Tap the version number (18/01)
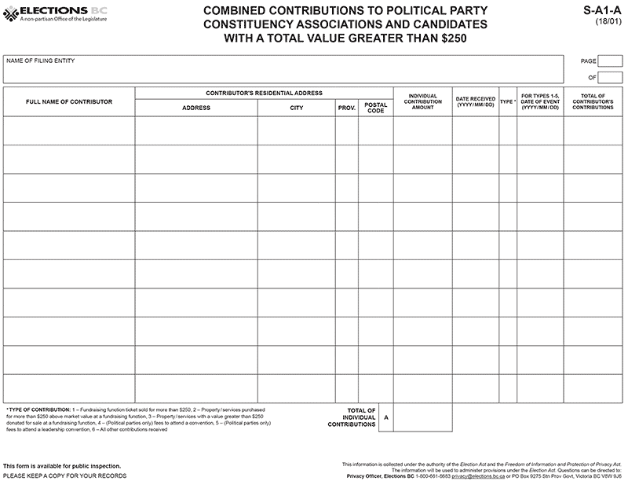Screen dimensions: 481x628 coord(609,22)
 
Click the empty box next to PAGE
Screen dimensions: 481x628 coord(610,61)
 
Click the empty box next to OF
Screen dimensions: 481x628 coord(610,77)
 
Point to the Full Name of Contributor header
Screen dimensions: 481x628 coord(69,101)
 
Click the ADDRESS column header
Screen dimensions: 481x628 coord(195,108)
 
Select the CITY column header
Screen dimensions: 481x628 coord(296,108)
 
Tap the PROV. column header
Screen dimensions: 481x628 coord(347,108)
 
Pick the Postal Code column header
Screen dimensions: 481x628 coord(376,108)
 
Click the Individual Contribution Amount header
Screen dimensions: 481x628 coord(422,101)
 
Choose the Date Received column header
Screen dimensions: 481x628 coord(475,101)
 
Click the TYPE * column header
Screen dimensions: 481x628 coord(508,101)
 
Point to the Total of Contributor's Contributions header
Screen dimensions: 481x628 coord(593,101)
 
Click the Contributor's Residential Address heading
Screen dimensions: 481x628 coord(264,93)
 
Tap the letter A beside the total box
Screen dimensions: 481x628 coord(385,417)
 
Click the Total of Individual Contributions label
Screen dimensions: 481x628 coord(352,417)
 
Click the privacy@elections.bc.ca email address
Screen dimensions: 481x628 coord(473,475)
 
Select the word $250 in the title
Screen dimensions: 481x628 coord(441,37)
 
